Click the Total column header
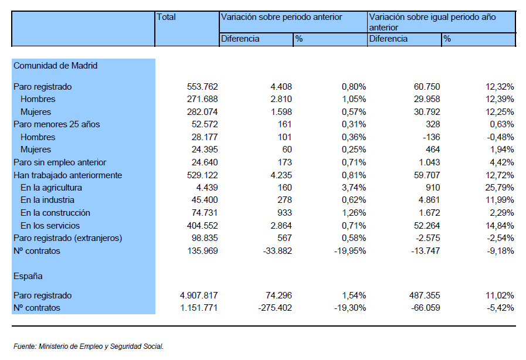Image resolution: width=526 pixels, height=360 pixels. [166, 17]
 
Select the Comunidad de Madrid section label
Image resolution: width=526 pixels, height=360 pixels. [55, 66]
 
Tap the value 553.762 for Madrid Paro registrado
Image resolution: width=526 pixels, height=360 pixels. [202, 87]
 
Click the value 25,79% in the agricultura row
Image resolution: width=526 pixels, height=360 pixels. [500, 188]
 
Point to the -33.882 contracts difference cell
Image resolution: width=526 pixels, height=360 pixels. [277, 250]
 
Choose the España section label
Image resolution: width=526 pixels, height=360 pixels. [28, 276]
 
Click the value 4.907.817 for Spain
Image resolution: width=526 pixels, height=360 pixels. [199, 296]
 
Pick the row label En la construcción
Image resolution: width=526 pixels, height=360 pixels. [55, 213]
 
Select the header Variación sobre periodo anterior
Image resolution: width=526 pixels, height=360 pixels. [281, 17]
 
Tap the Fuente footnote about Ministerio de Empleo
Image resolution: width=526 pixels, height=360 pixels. [89, 347]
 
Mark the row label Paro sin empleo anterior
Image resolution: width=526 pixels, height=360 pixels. [60, 162]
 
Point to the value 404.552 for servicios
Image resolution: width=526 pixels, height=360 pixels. [202, 226]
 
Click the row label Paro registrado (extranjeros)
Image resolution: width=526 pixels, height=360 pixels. [68, 238]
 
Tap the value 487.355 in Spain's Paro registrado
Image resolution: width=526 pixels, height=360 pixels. [425, 296]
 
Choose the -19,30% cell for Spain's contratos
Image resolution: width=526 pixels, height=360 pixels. [350, 308]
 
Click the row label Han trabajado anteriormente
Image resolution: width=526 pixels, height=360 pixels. [68, 175]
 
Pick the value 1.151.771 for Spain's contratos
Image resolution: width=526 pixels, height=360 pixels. [199, 308]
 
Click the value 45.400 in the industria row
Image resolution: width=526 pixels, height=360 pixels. [205, 200]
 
